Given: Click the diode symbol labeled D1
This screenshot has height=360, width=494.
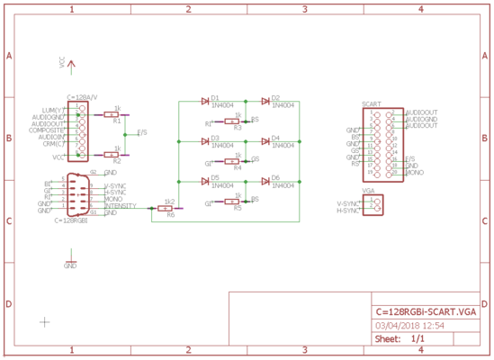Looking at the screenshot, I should (x=206, y=102).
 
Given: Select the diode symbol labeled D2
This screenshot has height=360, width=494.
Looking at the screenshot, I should (x=265, y=102).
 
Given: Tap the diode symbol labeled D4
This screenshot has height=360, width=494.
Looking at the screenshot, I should (x=265, y=141).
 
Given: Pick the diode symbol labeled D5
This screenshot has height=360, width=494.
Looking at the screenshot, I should (x=206, y=182).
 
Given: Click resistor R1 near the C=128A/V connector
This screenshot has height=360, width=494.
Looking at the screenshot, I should (x=116, y=115).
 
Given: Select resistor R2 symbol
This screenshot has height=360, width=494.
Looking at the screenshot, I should (x=116, y=155).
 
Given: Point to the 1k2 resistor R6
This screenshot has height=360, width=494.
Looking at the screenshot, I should (x=166, y=208).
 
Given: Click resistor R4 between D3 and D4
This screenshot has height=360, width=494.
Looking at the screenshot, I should (x=237, y=161).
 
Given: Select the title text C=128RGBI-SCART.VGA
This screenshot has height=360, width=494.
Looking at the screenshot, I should (x=425, y=310).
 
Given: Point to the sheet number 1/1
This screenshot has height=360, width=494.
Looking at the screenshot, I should (x=418, y=339).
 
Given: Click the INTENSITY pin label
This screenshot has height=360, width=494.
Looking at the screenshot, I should (x=121, y=206).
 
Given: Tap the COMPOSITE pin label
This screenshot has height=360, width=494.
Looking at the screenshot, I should (x=46, y=130).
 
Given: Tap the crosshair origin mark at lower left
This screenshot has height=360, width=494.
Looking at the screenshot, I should (x=44, y=320).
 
